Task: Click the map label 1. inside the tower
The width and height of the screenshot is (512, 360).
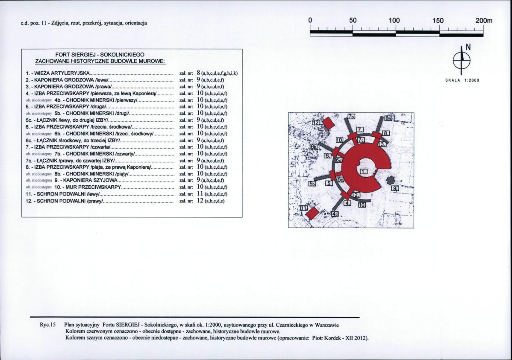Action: pyautogui.click(x=364, y=171)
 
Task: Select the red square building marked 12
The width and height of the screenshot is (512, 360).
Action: pyautogui.click(x=328, y=123)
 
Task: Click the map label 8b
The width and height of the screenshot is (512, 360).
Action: pyautogui.click(x=387, y=117)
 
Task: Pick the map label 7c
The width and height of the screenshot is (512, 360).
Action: pyautogui.click(x=361, y=140)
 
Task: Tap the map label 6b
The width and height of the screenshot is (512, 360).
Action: pyautogui.click(x=314, y=146)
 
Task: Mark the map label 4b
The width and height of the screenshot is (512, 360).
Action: pyautogui.click(x=335, y=214)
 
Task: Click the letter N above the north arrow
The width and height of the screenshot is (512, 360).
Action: pyautogui.click(x=468, y=47)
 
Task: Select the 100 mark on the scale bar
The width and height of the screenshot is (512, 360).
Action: pyautogui.click(x=394, y=20)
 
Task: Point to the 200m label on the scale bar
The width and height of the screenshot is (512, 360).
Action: pyautogui.click(x=484, y=20)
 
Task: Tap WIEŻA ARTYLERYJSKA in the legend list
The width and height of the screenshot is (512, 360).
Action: pyautogui.click(x=61, y=73)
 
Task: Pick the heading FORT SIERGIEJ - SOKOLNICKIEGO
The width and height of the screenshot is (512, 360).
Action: pyautogui.click(x=100, y=55)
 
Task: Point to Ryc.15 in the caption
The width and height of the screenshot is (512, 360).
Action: pyautogui.click(x=48, y=324)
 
